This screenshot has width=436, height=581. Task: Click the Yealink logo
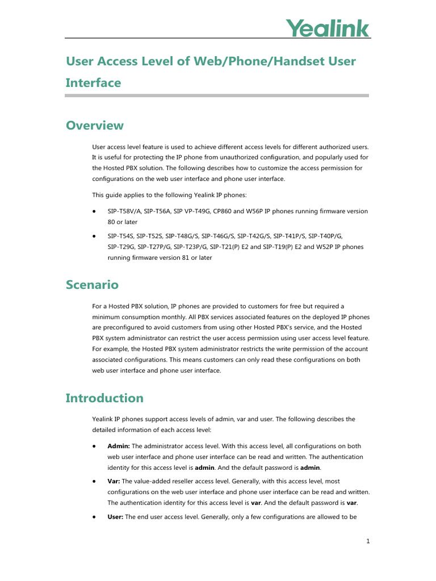pyautogui.click(x=327, y=28)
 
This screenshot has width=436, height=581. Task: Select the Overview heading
pyautogui.click(x=94, y=125)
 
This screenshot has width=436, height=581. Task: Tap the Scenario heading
pyautogui.click(x=92, y=284)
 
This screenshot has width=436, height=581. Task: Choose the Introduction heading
pyautogui.click(x=104, y=398)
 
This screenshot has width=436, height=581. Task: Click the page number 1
pyautogui.click(x=368, y=541)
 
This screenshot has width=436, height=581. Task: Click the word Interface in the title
pyautogui.click(x=93, y=83)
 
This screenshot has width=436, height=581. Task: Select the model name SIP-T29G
pyautogui.click(x=120, y=247)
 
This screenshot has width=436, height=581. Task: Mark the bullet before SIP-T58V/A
pyautogui.click(x=94, y=211)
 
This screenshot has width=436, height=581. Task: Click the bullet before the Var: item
pyautogui.click(x=94, y=481)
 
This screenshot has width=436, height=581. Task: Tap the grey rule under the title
pyautogui.click(x=217, y=95)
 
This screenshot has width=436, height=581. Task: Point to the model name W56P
pyautogui.click(x=272, y=211)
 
